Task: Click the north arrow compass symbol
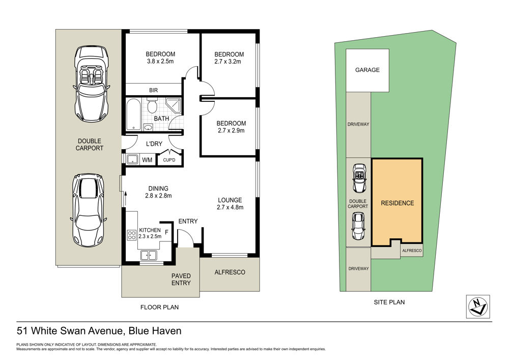tap(478, 307)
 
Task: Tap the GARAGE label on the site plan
tap(367, 70)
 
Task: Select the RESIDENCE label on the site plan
tap(398, 203)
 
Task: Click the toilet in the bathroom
tap(152, 105)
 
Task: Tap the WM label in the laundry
tap(147, 160)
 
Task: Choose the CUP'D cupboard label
tap(169, 160)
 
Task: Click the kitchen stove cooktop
tap(131, 235)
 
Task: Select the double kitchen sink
tap(149, 256)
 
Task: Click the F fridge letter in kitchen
tap(166, 232)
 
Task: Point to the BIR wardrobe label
tap(154, 90)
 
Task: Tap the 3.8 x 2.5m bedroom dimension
tap(160, 61)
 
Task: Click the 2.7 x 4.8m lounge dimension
tap(230, 207)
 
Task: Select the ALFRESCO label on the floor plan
tap(230, 272)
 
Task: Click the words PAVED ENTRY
tap(181, 280)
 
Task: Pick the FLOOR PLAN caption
tap(159, 307)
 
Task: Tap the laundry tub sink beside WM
tap(133, 159)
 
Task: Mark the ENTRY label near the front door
tap(188, 221)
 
